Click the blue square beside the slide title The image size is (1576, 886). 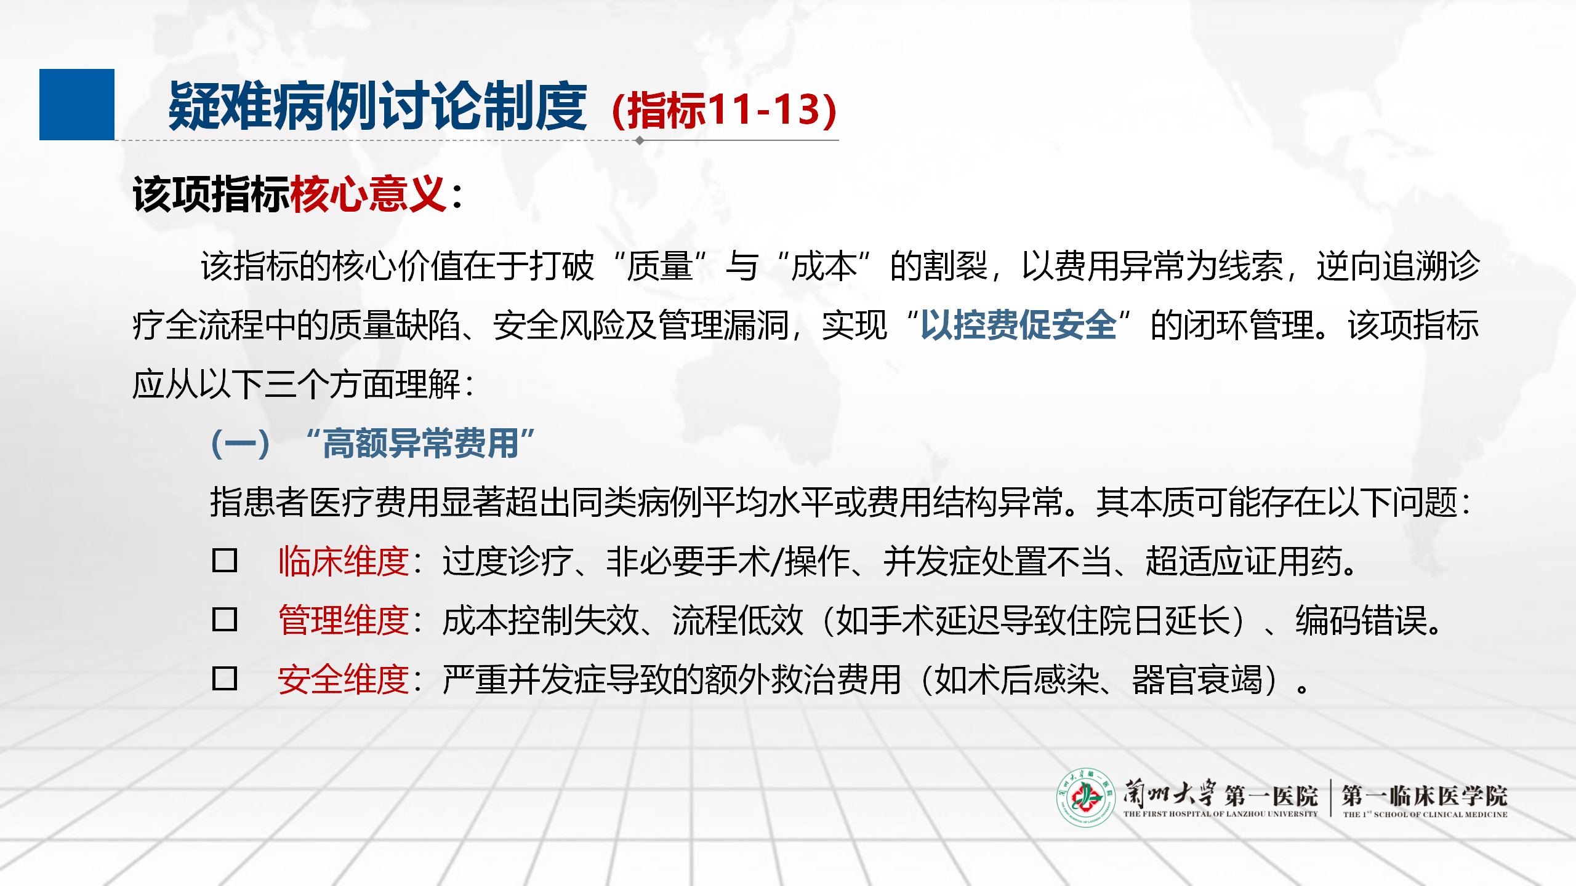coord(77,105)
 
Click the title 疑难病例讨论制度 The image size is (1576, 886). coord(377,106)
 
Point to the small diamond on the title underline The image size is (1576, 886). coord(640,140)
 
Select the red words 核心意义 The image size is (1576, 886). coord(368,194)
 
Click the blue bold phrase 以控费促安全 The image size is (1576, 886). coord(1018,325)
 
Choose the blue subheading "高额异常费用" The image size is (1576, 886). coord(420,443)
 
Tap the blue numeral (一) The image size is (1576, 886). coord(240,444)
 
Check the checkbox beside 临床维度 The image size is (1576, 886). coord(225,561)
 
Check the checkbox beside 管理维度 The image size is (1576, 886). coord(225,620)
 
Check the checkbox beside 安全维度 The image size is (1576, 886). coord(225,679)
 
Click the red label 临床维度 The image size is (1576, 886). coord(344,561)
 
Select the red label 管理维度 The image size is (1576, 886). coord(344,620)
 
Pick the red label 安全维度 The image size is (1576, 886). coord(344,679)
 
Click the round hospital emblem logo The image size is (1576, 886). coord(1086,797)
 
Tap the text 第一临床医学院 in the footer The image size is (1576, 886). coord(1425,795)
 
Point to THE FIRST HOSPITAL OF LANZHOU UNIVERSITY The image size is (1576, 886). coord(1220,814)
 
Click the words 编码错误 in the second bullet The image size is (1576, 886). coord(1361,620)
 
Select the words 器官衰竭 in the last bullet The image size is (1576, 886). coord(1197,679)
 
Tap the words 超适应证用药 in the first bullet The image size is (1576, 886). coord(1243,561)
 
